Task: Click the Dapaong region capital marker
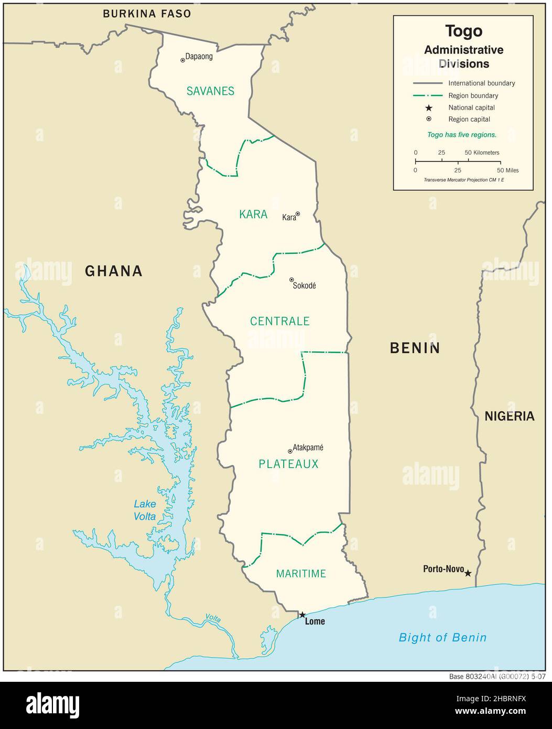tap(183, 60)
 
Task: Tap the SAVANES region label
tap(210, 91)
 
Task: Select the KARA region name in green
tap(253, 214)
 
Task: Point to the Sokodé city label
tap(304, 286)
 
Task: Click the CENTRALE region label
tap(279, 321)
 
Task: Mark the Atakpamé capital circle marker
tap(290, 451)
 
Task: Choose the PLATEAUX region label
tap(288, 464)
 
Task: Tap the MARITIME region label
tap(301, 574)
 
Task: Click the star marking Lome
tap(302, 615)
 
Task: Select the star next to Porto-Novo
tap(468, 573)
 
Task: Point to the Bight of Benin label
tap(442, 638)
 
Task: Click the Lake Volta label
tap(145, 510)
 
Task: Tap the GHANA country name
tap(114, 271)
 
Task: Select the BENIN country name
tap(415, 348)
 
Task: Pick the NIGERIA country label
tap(509, 416)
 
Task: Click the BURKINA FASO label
tap(147, 14)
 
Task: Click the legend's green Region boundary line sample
tap(428, 95)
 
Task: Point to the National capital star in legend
tap(428, 108)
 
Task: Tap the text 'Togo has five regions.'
tap(462, 135)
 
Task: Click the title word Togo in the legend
tap(463, 31)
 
